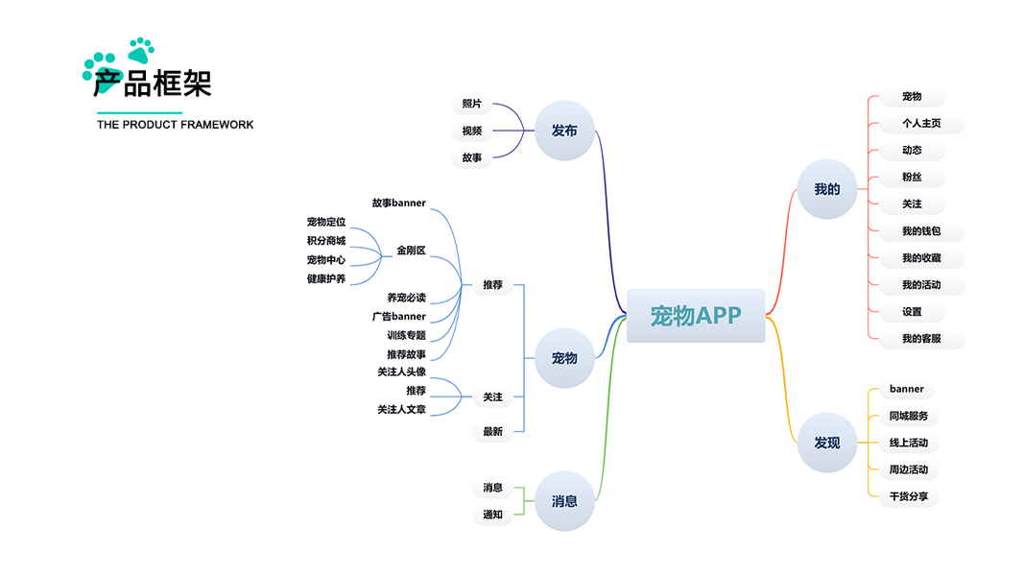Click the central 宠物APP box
click(x=696, y=316)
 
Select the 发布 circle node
click(x=564, y=131)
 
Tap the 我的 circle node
click(x=826, y=189)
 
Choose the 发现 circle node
click(x=826, y=443)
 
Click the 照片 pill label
click(x=471, y=104)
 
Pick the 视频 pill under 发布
click(x=471, y=131)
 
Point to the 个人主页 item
click(x=920, y=124)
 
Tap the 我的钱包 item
click(x=920, y=231)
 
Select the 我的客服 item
click(x=920, y=339)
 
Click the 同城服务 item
click(x=908, y=417)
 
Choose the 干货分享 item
click(x=908, y=497)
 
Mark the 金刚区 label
click(x=411, y=251)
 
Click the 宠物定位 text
click(x=326, y=222)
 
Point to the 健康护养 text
click(x=326, y=278)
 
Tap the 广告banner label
click(x=398, y=317)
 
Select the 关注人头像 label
click(x=401, y=372)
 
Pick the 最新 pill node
click(x=492, y=432)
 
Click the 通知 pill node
click(x=492, y=515)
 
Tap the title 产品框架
click(x=153, y=84)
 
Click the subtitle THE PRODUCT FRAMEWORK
click(x=176, y=125)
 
